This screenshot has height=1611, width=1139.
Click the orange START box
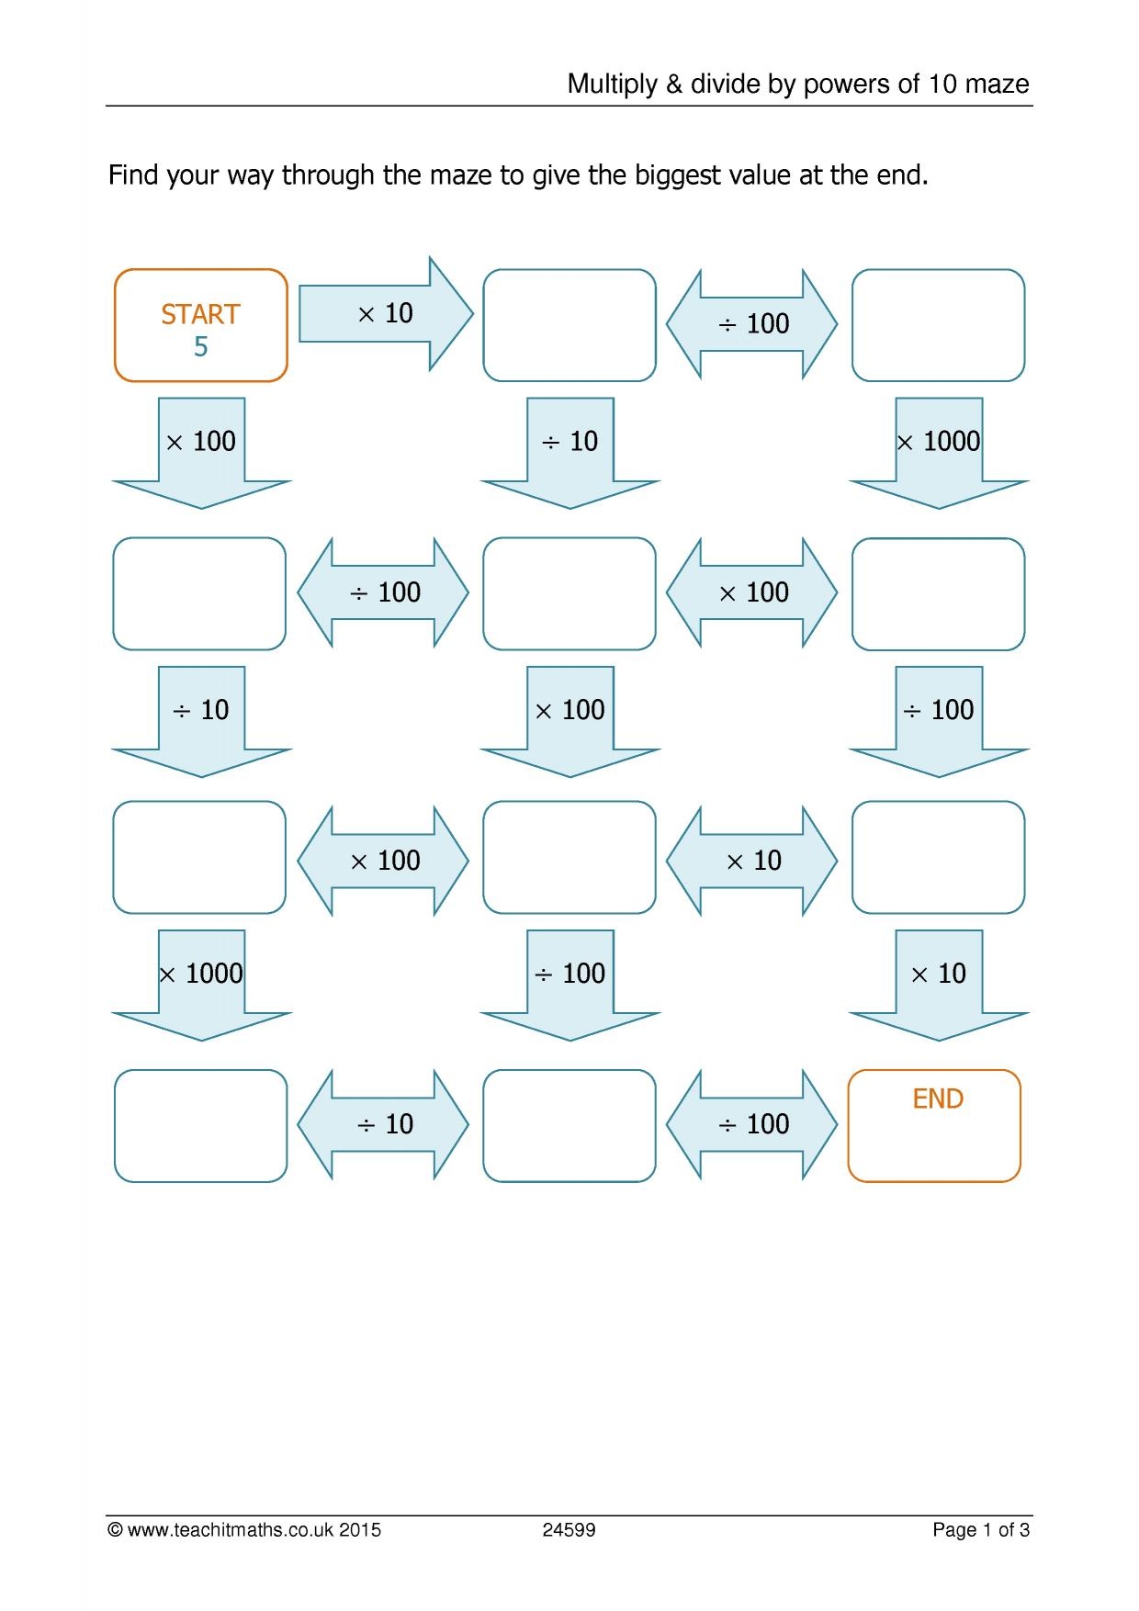[200, 325]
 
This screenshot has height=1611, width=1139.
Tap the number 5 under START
[200, 347]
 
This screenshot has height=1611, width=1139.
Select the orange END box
[934, 1125]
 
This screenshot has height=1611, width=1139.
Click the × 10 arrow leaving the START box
[385, 314]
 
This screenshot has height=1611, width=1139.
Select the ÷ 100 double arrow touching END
[752, 1124]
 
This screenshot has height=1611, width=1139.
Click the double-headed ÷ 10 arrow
[383, 1124]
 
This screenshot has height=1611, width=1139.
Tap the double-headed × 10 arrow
[752, 861]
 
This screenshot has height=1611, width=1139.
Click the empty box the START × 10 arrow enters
[569, 325]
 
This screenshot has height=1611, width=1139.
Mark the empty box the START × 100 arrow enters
[199, 593]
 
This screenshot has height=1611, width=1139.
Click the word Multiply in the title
[612, 84]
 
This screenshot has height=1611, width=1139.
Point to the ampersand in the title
[674, 84]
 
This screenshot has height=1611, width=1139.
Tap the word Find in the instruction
[132, 175]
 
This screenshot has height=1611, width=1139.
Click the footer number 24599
[569, 1530]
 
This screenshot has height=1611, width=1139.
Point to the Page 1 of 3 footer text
[980, 1530]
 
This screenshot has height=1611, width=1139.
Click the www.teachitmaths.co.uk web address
[230, 1530]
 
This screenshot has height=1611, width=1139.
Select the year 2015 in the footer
[360, 1530]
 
